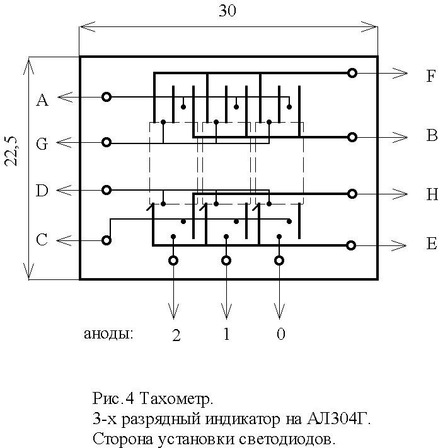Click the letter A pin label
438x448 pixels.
(42, 100)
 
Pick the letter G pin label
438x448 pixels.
(42, 144)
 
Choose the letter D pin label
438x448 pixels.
(42, 191)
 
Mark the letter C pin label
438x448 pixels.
(42, 240)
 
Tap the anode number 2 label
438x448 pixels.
(176, 335)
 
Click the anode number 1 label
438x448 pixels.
(226, 333)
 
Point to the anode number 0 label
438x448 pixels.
(280, 334)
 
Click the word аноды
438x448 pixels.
(108, 333)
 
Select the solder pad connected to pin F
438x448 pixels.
(352, 73)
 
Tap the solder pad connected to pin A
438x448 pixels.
(107, 97)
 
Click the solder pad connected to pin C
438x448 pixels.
(107, 240)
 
